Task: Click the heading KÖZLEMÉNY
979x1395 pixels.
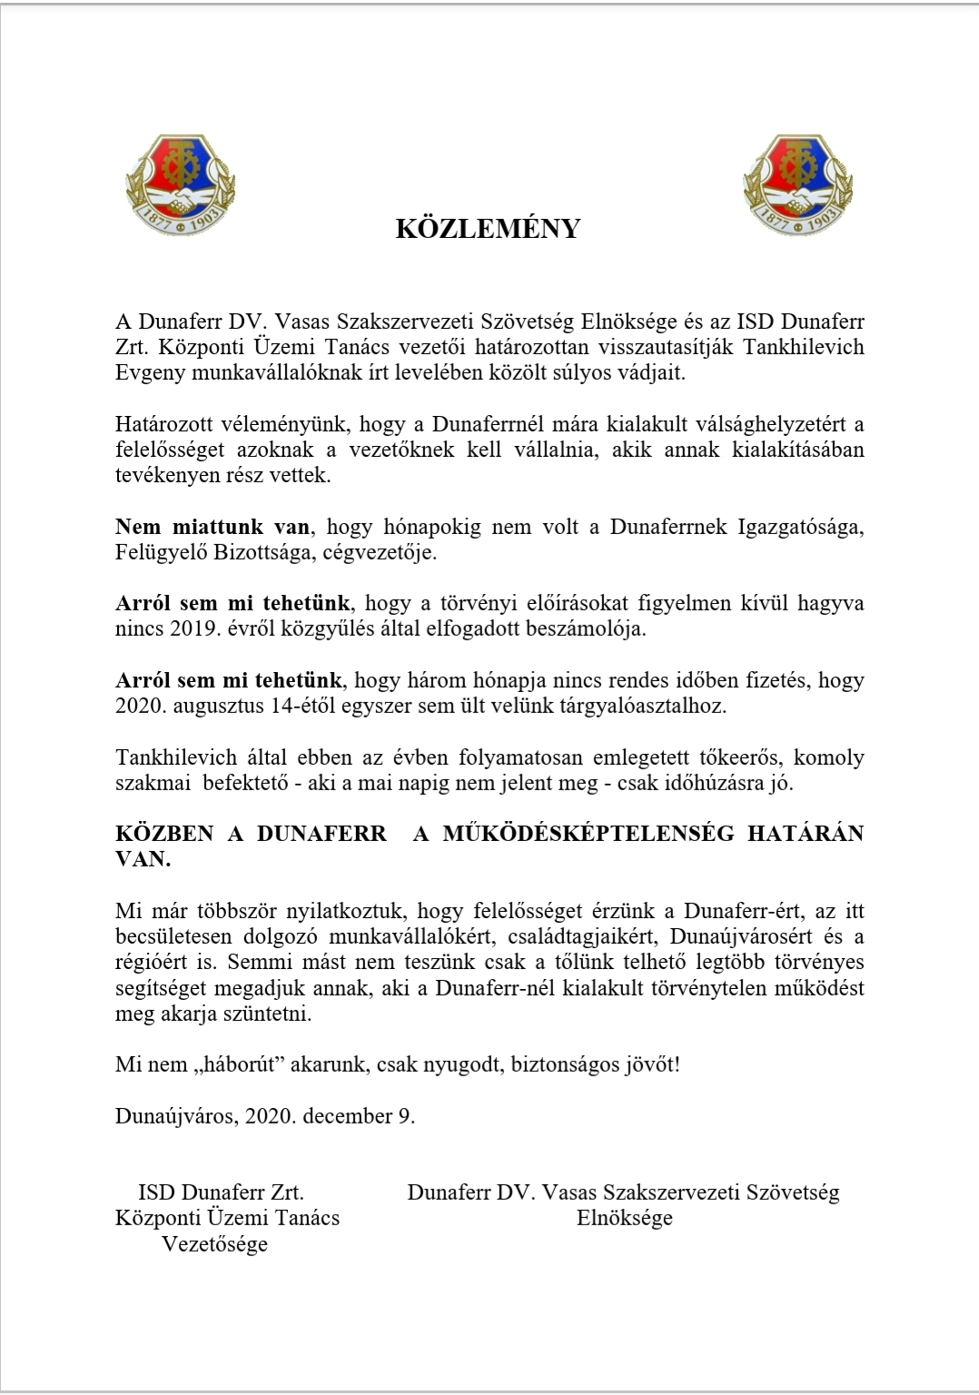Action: coord(488,229)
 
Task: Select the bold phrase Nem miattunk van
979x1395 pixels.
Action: coord(212,527)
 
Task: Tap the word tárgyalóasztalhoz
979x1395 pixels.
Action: coord(647,706)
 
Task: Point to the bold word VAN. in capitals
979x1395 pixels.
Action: coord(143,859)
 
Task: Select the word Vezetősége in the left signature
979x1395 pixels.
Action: coord(215,1243)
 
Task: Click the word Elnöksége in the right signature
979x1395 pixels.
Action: coord(625,1218)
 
